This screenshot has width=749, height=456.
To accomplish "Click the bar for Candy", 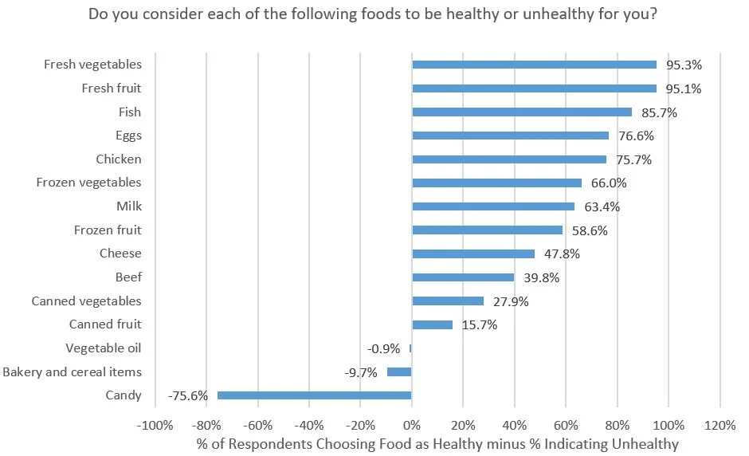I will [x=315, y=395].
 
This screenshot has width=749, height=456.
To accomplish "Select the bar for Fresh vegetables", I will [x=534, y=65].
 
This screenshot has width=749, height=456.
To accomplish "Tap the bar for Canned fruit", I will [x=432, y=324].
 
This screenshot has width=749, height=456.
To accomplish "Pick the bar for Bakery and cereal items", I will [x=399, y=371].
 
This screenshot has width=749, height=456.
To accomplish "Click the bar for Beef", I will [x=463, y=277].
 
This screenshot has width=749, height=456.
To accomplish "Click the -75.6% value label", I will [x=189, y=395].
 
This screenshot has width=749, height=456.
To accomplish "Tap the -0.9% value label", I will [x=384, y=348].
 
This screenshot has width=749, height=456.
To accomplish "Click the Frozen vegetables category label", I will [x=88, y=183].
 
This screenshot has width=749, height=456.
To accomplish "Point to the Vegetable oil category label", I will [x=104, y=348].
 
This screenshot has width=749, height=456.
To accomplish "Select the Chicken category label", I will [x=118, y=159].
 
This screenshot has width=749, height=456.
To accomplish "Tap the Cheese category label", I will [x=120, y=254].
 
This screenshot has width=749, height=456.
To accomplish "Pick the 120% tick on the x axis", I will [x=720, y=424].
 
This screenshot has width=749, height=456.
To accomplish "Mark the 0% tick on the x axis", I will [x=412, y=424].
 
